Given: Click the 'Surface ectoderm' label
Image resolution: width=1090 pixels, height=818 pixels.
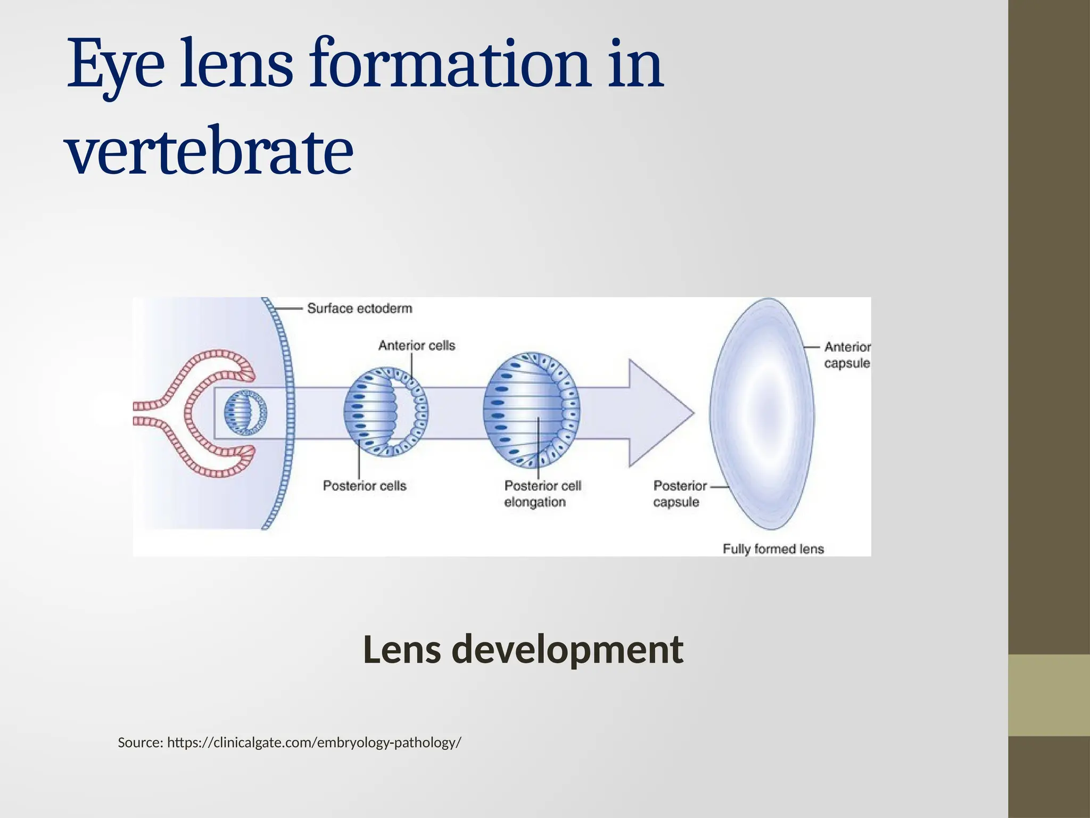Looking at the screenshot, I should coord(359,308).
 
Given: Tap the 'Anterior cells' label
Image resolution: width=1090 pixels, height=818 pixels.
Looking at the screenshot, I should coord(417,346).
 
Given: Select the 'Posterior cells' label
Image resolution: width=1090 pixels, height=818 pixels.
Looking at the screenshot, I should coord(365,486).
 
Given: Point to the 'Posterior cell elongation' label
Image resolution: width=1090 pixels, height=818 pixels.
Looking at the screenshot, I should coord(542,494).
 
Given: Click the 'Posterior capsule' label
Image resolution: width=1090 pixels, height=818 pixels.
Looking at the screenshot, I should coord(679,494).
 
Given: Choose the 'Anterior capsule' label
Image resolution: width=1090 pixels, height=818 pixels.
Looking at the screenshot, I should coord(847,355).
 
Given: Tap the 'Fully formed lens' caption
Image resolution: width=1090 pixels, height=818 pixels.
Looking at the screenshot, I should coord(773,549).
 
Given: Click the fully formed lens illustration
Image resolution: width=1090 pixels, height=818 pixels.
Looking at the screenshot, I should coord(762,413).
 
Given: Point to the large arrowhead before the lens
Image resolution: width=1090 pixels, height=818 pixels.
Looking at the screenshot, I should coord(660,413).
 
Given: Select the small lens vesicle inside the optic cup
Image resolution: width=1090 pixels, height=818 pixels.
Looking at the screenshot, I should coord(245,413).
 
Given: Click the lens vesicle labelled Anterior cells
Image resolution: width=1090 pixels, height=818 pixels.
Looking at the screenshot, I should coord(386,412).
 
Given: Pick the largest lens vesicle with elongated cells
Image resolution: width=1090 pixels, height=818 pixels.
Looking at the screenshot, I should coord(532,410).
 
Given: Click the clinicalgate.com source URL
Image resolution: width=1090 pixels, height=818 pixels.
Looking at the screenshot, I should coord(314,742).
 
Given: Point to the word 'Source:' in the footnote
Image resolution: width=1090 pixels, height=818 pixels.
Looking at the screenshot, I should coord(140,742).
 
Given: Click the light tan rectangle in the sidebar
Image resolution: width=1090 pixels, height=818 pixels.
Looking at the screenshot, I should coord(1049,695).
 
